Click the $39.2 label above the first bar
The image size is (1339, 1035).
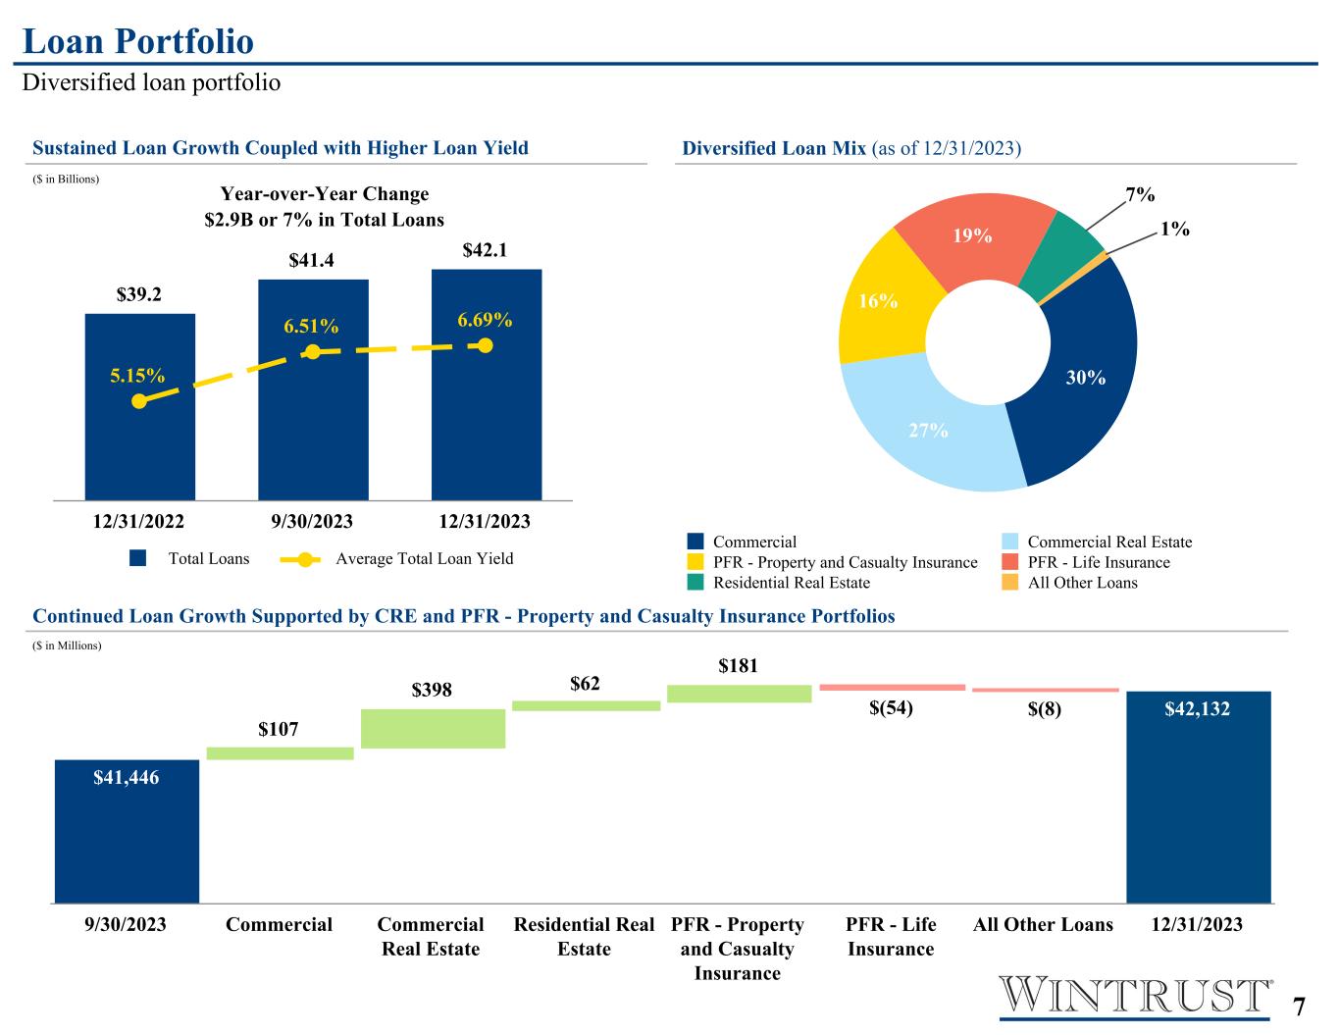138,294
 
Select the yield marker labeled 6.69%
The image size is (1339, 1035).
486,346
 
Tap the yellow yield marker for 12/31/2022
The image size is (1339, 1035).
140,401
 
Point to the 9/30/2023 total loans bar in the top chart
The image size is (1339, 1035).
313,390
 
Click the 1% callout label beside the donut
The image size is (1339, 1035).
1174,230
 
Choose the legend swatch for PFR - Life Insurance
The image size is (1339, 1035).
1010,562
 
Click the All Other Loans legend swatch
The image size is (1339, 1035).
1010,582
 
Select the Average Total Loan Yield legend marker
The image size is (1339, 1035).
301,559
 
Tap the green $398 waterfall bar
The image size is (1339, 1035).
434,729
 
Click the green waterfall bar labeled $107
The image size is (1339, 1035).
281,753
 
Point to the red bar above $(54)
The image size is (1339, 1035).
893,688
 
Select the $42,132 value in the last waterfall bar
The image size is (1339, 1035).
1198,709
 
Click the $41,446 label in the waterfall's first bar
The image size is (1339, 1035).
127,778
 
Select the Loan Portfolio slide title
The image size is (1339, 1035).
138,41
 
